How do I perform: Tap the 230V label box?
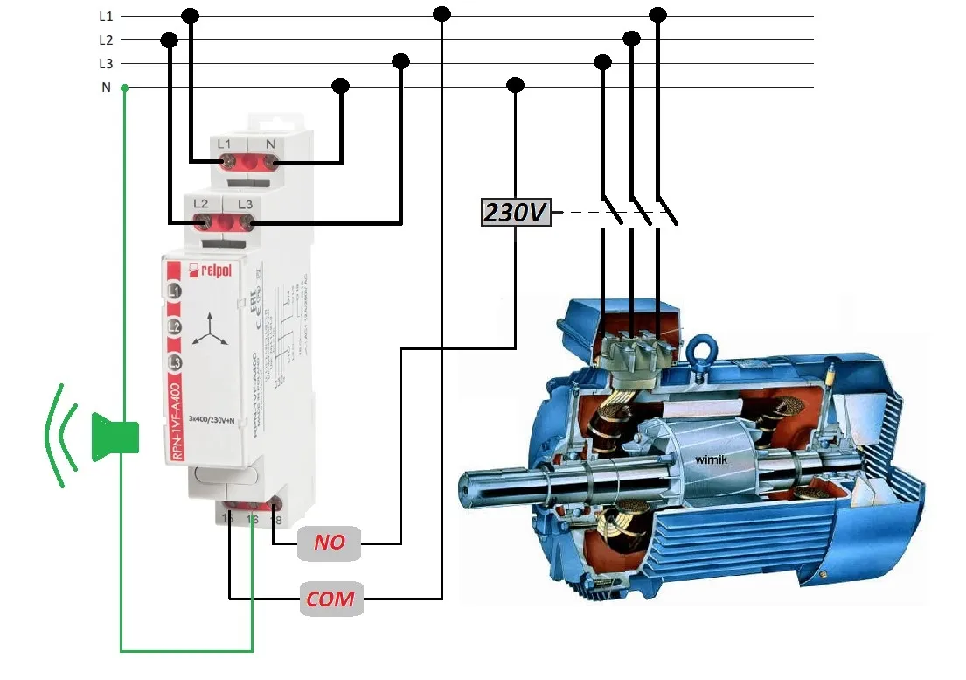(x=517, y=212)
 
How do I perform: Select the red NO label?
(x=330, y=543)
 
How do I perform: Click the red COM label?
(x=330, y=599)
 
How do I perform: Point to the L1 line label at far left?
(x=106, y=16)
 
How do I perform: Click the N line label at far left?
(x=106, y=88)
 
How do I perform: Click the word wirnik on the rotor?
(x=712, y=458)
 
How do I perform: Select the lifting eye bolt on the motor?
(x=698, y=354)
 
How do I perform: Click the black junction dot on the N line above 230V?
(x=516, y=85)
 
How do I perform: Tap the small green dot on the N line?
(x=124, y=88)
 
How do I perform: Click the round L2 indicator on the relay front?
(x=175, y=326)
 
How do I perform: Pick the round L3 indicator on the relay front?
(x=175, y=362)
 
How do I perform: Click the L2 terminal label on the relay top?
(x=201, y=204)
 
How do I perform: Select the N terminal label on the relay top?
(x=270, y=143)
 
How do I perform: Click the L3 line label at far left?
(x=106, y=64)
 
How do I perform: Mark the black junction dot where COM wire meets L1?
(x=442, y=14)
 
